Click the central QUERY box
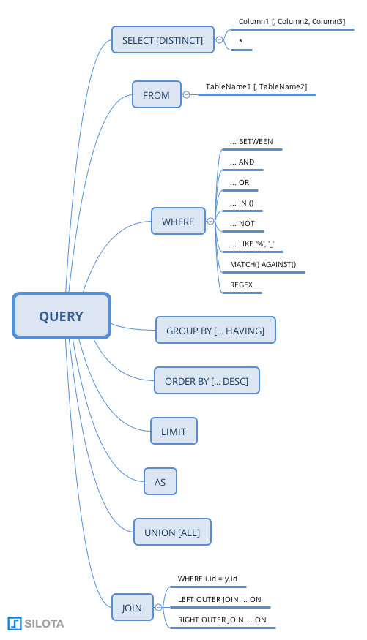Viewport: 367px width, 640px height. pyautogui.click(x=62, y=315)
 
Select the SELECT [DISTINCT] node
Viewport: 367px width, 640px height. pyautogui.click(x=163, y=39)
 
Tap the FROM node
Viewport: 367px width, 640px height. pyautogui.click(x=157, y=94)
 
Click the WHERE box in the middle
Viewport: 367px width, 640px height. pyautogui.click(x=178, y=221)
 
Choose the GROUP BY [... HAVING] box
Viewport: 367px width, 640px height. pyautogui.click(x=215, y=330)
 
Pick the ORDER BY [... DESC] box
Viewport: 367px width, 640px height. pyautogui.click(x=207, y=380)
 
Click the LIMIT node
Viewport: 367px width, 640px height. pyautogui.click(x=174, y=431)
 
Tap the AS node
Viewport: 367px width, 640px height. pyautogui.click(x=160, y=481)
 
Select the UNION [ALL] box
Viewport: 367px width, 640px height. pyautogui.click(x=172, y=532)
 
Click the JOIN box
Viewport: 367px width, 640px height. pyautogui.click(x=133, y=607)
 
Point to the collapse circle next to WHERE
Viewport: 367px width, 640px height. pyautogui.click(x=210, y=221)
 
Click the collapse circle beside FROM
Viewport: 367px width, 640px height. pyautogui.click(x=186, y=94)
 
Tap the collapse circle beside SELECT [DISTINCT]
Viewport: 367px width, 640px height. pyautogui.click(x=220, y=40)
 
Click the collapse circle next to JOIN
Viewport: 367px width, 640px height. pyautogui.click(x=158, y=607)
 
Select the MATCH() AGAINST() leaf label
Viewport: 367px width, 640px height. pyautogui.click(x=263, y=264)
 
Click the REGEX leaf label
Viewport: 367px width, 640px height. pyautogui.click(x=241, y=285)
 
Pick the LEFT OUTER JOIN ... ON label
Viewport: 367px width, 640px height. pyautogui.click(x=219, y=599)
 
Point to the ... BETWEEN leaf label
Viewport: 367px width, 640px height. pyautogui.click(x=251, y=141)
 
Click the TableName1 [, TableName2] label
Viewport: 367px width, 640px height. pyautogui.click(x=256, y=86)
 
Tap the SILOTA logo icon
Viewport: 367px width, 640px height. pyautogui.click(x=15, y=623)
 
